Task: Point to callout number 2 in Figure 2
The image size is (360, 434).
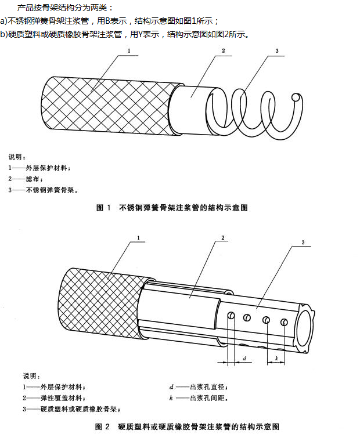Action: (x=223, y=238)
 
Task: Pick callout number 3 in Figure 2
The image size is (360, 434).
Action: (x=303, y=242)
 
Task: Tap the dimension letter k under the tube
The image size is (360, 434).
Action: (x=276, y=359)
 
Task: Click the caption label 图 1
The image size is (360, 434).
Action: (x=103, y=207)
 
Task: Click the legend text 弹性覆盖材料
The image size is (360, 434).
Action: (x=63, y=398)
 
